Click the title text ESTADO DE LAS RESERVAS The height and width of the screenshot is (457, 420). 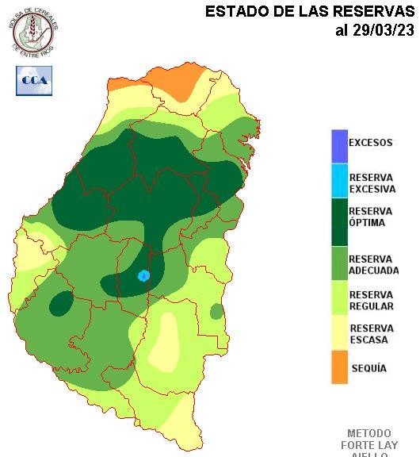pos(310,11)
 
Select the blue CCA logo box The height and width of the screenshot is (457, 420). pos(34,80)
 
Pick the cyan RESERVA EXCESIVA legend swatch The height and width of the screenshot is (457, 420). pos(339,182)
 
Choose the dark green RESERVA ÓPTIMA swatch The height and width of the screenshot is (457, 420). pos(339,222)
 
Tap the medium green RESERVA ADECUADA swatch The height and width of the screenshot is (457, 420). pos(339,265)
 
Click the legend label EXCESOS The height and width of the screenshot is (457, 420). pos(370,144)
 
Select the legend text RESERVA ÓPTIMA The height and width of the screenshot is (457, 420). pos(370,217)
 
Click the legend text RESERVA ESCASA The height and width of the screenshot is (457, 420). pos(370,334)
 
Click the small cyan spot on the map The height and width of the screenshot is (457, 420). pos(143,275)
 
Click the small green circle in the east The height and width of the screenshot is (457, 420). pos(216,311)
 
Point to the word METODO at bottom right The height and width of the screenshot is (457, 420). pos(369,434)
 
